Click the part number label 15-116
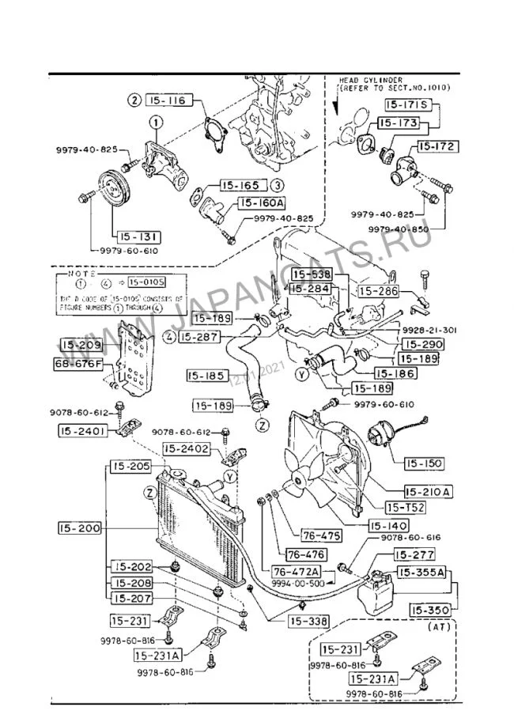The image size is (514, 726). point(172,100)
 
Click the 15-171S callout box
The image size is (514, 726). point(406,104)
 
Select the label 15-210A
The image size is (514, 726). point(428,491)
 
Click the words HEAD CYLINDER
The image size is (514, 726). point(371,81)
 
